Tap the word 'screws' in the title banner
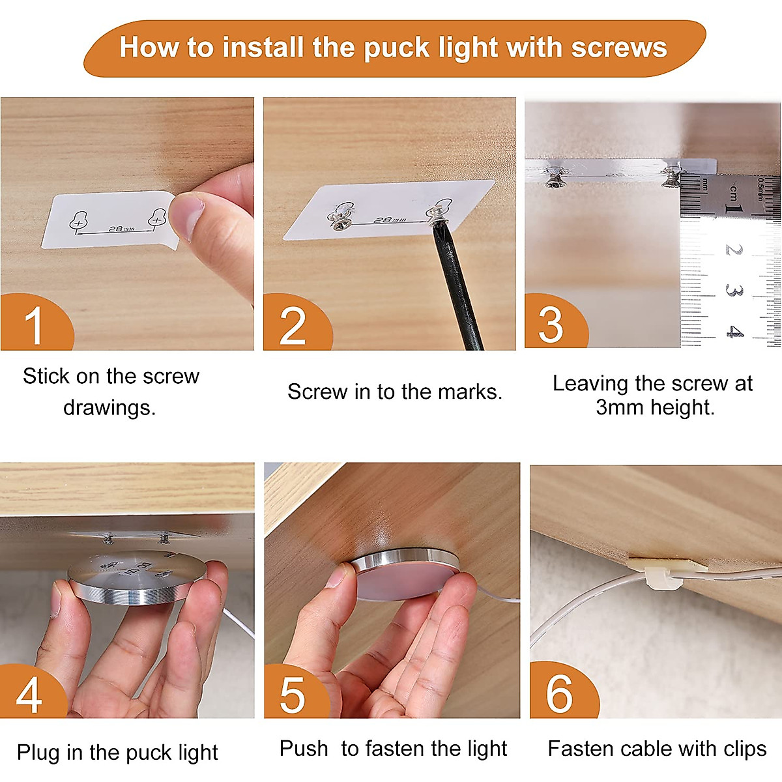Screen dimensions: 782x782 (618, 48)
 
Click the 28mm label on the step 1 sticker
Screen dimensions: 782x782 (121, 229)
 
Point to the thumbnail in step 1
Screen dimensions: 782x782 (186, 215)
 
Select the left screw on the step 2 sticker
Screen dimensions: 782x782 (341, 222)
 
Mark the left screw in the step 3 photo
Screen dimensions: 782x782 (553, 179)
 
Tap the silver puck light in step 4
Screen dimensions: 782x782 (137, 579)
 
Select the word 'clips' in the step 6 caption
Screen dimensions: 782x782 (746, 749)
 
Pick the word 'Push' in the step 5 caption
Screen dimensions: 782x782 (304, 748)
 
